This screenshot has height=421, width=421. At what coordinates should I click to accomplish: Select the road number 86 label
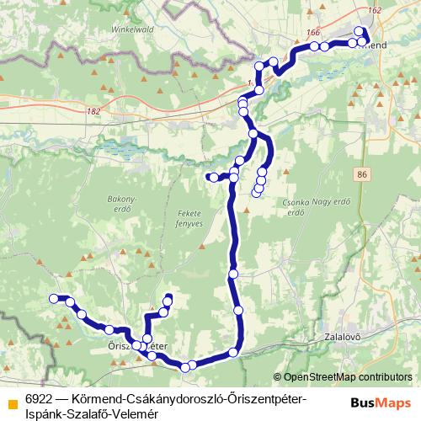pos(362,173)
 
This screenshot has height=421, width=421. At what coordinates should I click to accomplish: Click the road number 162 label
pos(375,10)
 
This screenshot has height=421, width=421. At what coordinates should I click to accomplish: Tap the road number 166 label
pos(314,33)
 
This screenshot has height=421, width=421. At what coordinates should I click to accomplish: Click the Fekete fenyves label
pos(190,219)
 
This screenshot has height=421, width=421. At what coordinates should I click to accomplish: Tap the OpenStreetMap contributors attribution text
pos(348,377)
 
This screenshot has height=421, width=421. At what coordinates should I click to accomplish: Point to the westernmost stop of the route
pos(54,298)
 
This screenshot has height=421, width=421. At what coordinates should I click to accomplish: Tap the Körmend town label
pos(374,43)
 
